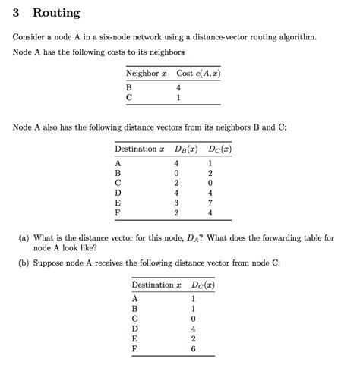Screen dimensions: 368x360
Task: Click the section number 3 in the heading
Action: tap(17, 14)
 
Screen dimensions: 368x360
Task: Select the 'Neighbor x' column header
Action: tap(147, 73)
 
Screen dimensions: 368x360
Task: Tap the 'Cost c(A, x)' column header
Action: tap(198, 73)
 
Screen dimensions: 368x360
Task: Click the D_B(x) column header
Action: tap(181, 149)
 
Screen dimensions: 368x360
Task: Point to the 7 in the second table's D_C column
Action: tap(210, 203)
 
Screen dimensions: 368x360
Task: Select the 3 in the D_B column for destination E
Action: tap(176, 203)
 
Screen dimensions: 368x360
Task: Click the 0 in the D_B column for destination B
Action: tap(176, 173)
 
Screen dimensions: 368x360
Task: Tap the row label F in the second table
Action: tap(118, 213)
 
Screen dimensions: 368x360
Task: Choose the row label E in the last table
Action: tap(135, 339)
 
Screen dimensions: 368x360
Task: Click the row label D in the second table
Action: tap(118, 193)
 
